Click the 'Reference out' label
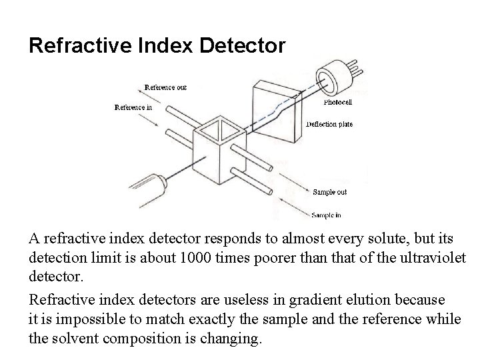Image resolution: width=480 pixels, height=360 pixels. tap(165, 87)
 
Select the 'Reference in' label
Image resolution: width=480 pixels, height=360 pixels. tap(133, 107)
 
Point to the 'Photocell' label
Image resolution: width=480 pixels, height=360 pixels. tap(338, 103)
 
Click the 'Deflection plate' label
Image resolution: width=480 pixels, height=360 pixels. tap(329, 124)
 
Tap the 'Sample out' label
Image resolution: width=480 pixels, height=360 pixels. tap(329, 192)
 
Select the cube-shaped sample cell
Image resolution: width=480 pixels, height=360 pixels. tap(216, 150)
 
